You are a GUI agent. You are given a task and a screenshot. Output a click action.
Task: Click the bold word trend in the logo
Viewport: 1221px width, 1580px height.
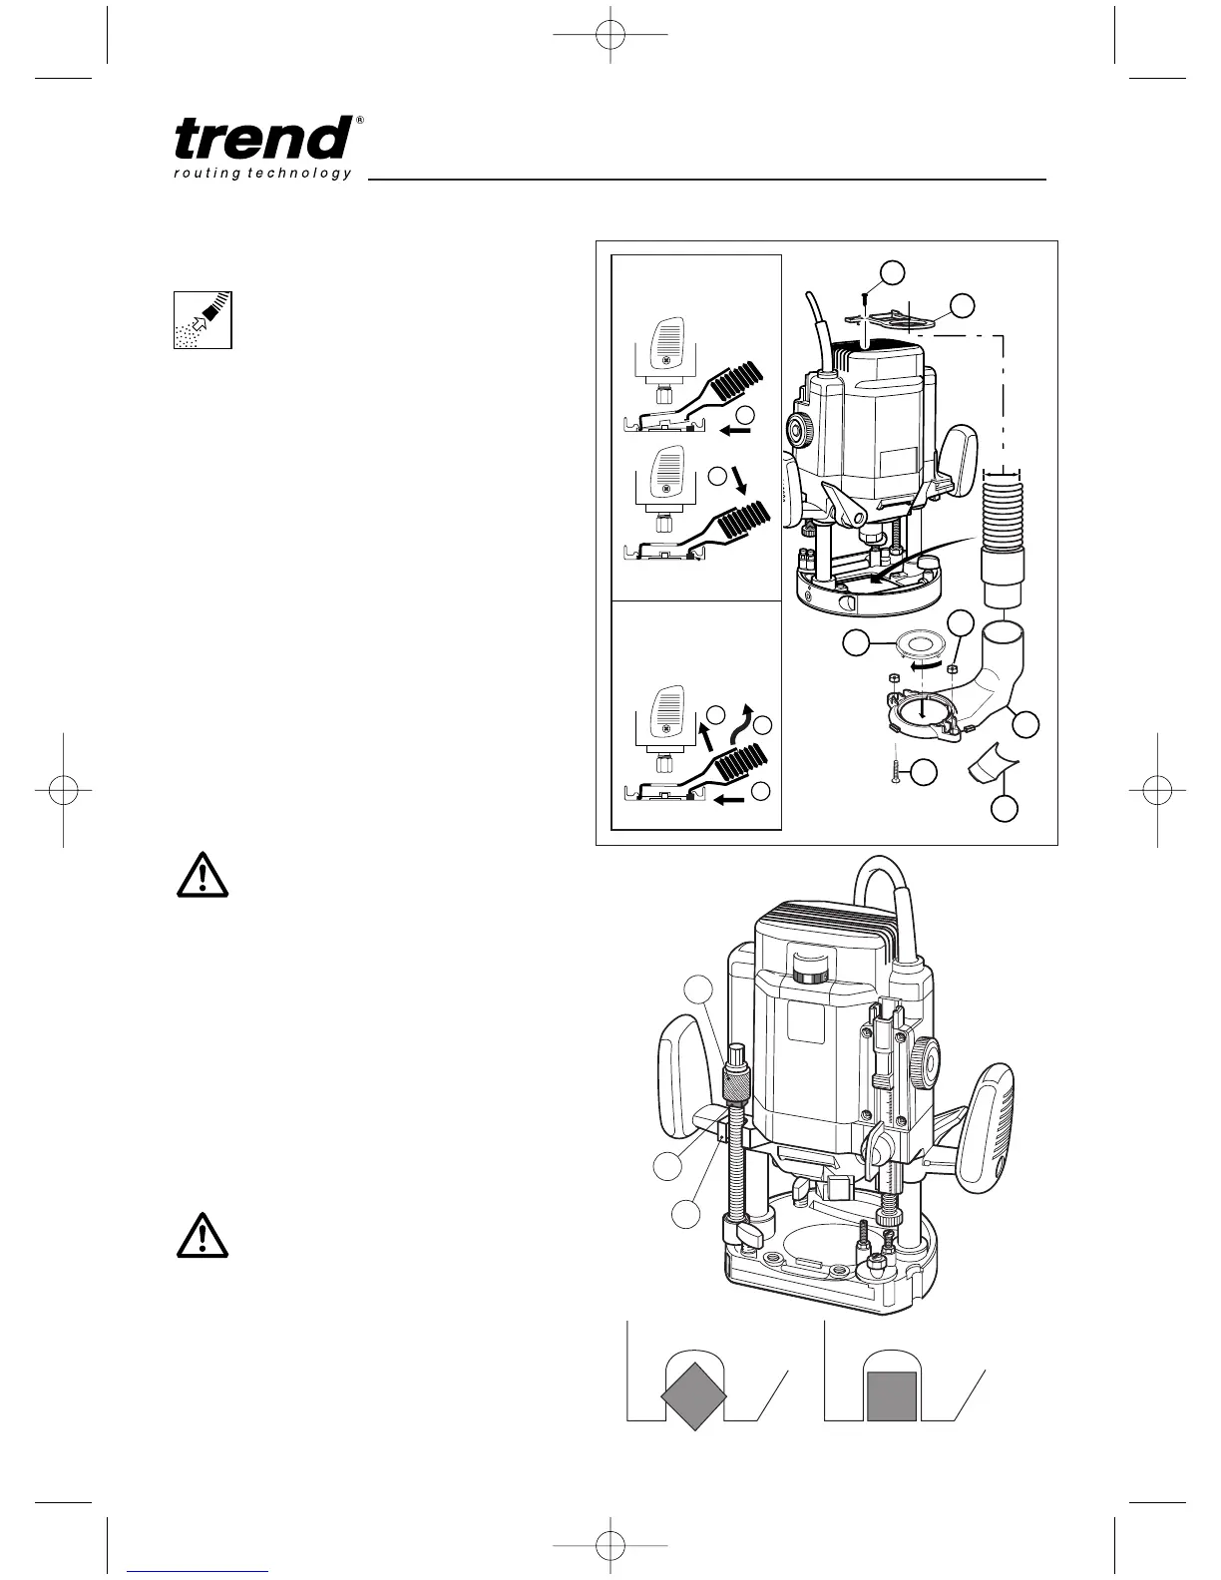coord(261,139)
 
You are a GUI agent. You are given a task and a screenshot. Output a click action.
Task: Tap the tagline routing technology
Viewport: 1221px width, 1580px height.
coord(262,174)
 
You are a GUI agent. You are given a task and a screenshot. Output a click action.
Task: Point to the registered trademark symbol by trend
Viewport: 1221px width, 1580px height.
coord(359,121)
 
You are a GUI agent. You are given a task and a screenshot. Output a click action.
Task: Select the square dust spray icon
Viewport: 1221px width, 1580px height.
coord(203,320)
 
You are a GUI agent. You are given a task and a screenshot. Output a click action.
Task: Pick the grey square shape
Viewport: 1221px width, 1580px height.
coord(892,1395)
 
